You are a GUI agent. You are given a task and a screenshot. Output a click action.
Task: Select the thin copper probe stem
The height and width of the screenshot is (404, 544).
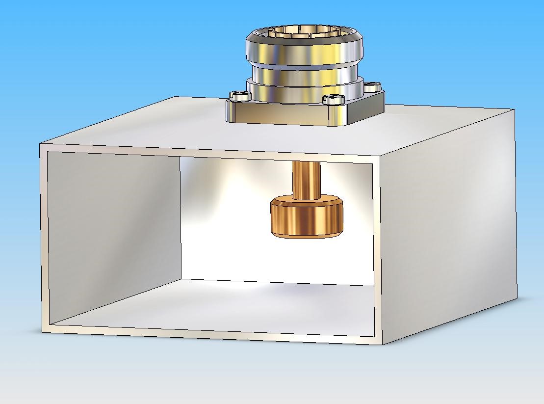click(307, 179)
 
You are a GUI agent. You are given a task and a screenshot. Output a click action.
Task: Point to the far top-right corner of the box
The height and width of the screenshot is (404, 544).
click(514, 110)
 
